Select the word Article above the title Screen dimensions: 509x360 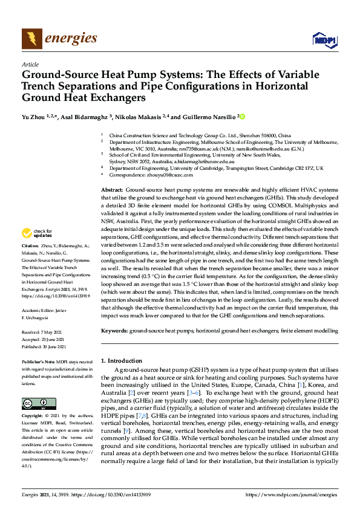[30, 64]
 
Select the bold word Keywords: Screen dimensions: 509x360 [114, 331]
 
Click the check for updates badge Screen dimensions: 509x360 [38, 233]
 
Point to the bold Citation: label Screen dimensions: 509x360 [30, 247]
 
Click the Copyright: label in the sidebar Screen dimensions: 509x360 [33, 417]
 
